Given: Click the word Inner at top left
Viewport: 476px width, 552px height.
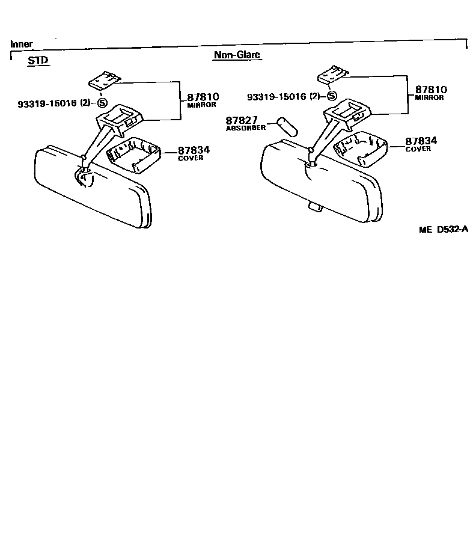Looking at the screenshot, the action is pos(22,44).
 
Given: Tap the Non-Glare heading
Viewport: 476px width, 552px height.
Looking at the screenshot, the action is pos(237,55).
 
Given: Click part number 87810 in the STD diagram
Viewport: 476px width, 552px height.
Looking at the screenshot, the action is pos(203,96).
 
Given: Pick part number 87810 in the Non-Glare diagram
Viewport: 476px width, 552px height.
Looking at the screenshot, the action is pos(431,90).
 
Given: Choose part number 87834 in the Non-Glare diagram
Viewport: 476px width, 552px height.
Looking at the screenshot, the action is pos(421,141).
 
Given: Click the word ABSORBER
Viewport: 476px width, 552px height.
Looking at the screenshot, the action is pos(245,129).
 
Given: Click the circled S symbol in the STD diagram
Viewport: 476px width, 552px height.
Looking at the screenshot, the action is pos(102,103).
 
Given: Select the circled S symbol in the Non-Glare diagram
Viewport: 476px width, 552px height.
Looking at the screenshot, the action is pos(332,96).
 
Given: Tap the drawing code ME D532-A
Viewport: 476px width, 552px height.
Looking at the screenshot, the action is pos(444,229).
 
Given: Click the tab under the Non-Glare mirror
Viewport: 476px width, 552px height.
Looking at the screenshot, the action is pos(314,206).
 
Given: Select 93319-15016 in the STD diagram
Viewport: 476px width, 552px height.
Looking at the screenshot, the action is pos(47,103).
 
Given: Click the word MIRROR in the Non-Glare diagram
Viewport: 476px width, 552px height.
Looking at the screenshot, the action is pos(429,98).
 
